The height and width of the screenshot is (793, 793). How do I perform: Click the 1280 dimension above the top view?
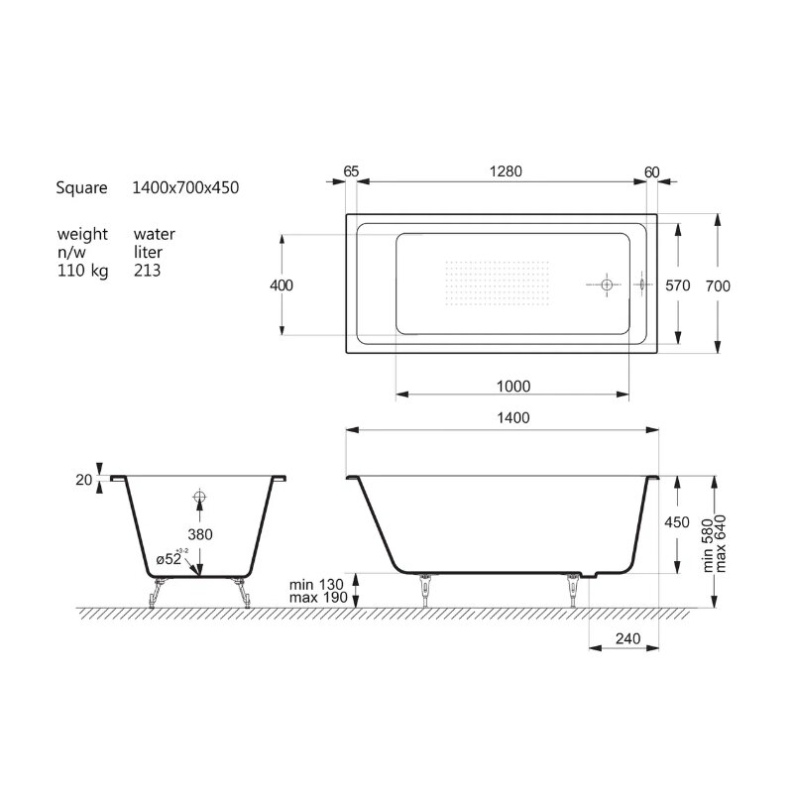click(x=506, y=171)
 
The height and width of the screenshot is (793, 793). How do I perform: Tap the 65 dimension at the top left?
click(x=351, y=171)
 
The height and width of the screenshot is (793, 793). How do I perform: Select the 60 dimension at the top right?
click(x=652, y=172)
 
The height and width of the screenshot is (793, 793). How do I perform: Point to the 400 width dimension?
click(x=282, y=285)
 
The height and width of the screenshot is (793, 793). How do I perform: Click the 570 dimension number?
click(x=678, y=285)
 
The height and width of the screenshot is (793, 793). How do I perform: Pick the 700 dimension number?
click(x=718, y=286)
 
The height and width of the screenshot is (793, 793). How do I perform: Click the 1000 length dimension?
click(x=513, y=387)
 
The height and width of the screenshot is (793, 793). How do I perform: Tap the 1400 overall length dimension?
click(x=513, y=417)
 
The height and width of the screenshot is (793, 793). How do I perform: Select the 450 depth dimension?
click(x=677, y=522)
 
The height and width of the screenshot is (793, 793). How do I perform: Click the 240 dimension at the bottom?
click(x=628, y=638)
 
